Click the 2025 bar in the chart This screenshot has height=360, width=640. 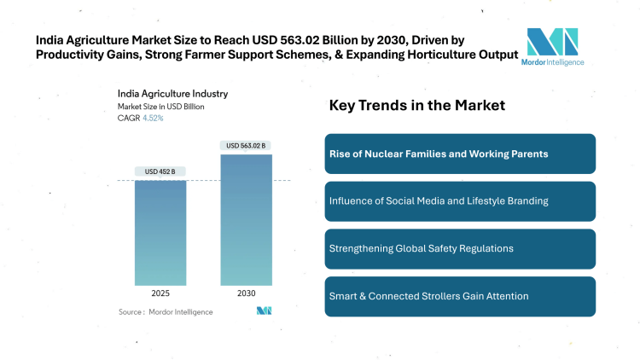click(x=160, y=232)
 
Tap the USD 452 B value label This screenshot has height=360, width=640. click(x=160, y=171)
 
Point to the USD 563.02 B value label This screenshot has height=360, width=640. click(x=246, y=146)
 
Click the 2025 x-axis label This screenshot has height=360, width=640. click(x=160, y=293)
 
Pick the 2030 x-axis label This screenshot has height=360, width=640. click(x=246, y=293)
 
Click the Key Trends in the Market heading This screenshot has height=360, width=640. click(x=417, y=106)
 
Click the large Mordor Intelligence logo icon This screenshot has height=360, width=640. click(x=552, y=42)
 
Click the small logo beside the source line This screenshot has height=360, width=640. click(x=264, y=311)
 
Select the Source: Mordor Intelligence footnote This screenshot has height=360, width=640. click(x=166, y=312)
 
